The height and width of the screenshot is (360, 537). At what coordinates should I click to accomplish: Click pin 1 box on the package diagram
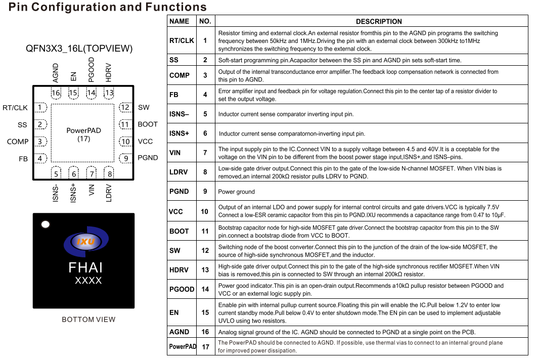pos(40,107)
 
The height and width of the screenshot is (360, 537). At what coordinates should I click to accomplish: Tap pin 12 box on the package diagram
pos(125,107)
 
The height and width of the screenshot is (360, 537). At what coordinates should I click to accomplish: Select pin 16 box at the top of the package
pos(56,93)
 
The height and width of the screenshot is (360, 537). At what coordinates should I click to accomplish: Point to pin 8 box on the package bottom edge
pos(109,174)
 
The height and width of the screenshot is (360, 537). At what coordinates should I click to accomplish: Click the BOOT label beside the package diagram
pos(148,124)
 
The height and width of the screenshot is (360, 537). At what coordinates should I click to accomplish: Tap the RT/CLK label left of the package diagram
pos(15,108)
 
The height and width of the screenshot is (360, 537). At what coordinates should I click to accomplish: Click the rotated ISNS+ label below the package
pos(74,193)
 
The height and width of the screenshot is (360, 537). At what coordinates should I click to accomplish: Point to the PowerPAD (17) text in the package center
pos(83,134)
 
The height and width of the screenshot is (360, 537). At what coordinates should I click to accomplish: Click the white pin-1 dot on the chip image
pos(46,224)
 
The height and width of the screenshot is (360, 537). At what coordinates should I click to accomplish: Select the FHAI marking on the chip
pos(85,267)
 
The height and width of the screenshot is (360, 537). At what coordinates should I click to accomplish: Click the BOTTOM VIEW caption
pos(88,320)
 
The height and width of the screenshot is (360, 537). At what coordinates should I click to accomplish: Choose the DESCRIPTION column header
pos(379,22)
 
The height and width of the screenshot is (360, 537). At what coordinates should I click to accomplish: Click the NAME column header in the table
pos(180,21)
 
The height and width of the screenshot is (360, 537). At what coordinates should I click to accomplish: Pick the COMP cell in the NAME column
pos(180,75)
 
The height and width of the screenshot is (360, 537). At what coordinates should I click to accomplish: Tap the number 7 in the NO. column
pos(205,153)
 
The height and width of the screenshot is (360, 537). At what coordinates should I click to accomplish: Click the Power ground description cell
pos(236,192)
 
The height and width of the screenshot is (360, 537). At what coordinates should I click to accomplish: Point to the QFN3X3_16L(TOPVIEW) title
pos(79,49)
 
